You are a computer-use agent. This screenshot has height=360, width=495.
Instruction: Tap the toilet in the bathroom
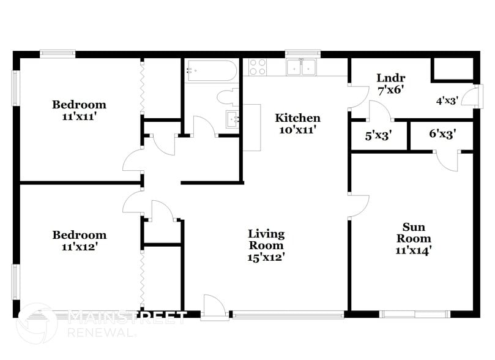tap(228, 97)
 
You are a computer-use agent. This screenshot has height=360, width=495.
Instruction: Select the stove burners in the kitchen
tap(258, 66)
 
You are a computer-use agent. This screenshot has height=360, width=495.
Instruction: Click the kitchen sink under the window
tap(302, 67)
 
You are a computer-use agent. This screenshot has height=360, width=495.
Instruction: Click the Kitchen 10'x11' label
tap(297, 123)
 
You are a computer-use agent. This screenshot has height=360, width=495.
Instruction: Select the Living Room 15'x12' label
tap(266, 245)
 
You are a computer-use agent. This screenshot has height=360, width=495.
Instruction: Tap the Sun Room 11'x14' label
tap(414, 238)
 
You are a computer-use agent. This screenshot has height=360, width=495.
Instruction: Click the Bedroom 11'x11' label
tap(78, 110)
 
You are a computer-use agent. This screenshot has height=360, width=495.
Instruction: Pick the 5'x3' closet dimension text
tap(378, 137)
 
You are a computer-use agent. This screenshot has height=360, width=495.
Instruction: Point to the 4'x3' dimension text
tap(447, 101)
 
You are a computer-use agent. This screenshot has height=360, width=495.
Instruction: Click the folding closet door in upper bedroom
tap(142, 87)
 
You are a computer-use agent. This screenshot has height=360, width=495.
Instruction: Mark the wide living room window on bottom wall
tap(288, 315)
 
